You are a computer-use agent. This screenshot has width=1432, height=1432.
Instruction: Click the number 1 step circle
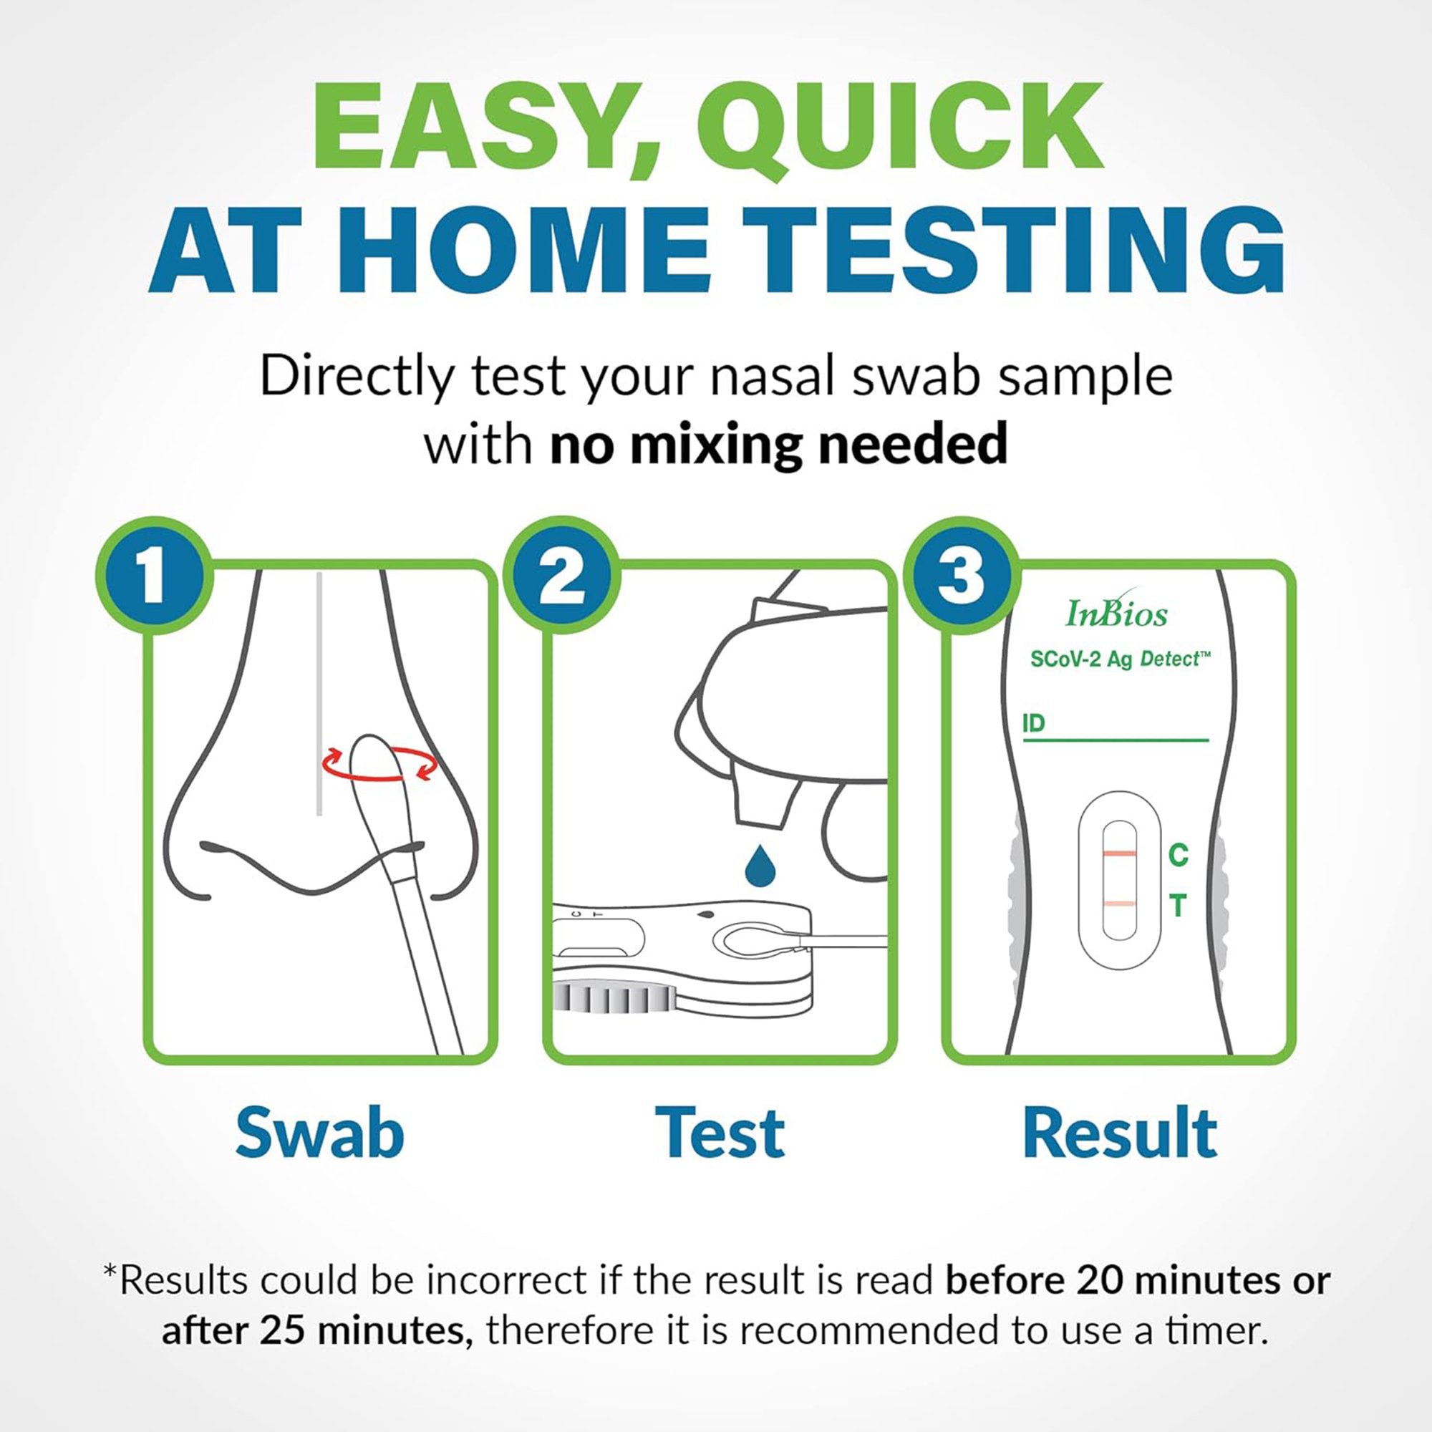point(153,576)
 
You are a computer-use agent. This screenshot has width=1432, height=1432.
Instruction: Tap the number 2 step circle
point(561,576)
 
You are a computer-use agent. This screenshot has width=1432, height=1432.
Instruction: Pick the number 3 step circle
point(962,576)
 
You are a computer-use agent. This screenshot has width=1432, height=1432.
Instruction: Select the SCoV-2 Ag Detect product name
point(1119,659)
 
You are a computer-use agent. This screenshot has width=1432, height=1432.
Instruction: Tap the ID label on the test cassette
point(1033,722)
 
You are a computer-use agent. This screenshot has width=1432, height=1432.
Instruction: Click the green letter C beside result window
point(1179,855)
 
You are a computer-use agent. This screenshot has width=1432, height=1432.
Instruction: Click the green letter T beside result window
point(1179,906)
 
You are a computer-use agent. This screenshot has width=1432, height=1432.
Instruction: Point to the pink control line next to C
point(1119,854)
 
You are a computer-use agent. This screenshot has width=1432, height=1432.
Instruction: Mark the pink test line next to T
point(1119,904)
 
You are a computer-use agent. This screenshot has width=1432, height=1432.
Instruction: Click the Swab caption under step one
point(319,1133)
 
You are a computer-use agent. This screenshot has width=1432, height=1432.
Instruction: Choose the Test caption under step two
point(720,1133)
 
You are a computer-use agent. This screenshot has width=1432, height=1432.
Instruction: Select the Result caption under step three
point(1119,1133)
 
